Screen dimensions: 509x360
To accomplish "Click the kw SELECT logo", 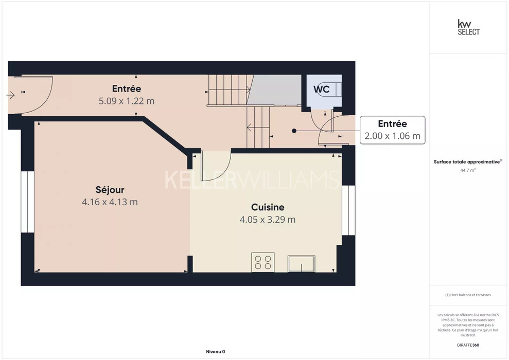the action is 468,27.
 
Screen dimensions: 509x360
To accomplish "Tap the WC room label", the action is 321,89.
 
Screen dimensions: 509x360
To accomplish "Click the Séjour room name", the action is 110,190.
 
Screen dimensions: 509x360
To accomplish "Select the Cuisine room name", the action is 268,207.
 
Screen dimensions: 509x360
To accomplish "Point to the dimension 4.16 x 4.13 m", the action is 110,202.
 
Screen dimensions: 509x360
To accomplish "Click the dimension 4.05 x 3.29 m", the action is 268,220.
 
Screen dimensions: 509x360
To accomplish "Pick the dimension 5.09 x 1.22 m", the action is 127,101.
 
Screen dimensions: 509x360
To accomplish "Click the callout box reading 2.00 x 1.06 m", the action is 393,130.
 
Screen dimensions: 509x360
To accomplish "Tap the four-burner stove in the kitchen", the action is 263,262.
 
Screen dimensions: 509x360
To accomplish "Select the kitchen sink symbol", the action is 301,264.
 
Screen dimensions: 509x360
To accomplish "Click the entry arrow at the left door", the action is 10,95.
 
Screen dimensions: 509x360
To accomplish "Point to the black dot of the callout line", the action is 294,131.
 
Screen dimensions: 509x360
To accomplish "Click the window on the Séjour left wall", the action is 28,202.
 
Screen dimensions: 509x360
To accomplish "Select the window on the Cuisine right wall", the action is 348,210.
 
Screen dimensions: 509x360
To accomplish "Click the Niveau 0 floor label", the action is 216,352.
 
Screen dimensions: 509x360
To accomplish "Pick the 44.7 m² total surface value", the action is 468,170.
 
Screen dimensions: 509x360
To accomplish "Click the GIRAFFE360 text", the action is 468,345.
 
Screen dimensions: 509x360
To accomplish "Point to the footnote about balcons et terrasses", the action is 468,295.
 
